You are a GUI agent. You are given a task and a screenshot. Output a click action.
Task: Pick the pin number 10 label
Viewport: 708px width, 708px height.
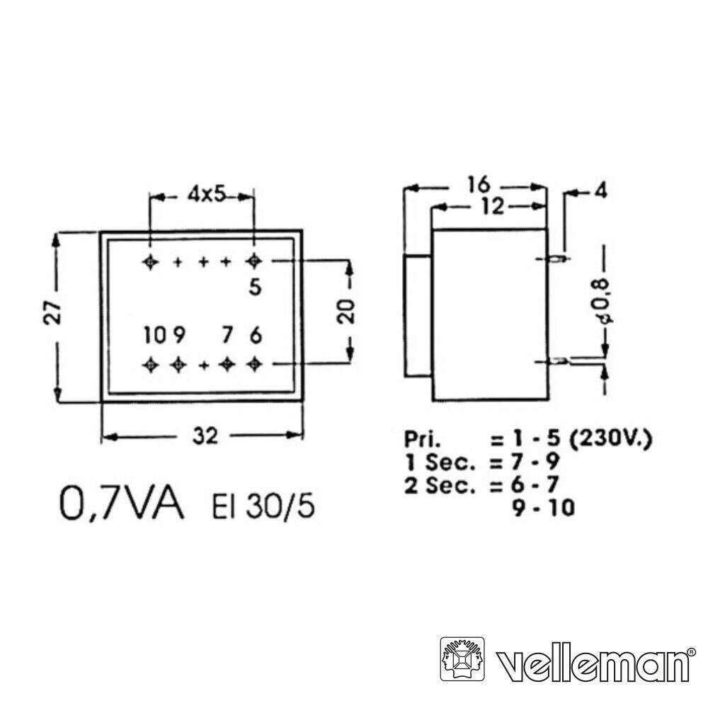[154, 334]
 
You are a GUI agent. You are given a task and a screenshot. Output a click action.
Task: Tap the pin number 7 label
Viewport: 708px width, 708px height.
[227, 334]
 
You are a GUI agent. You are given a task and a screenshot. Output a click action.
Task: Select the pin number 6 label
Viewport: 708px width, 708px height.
[255, 334]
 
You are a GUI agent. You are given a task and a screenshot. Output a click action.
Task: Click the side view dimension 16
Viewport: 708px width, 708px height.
[479, 185]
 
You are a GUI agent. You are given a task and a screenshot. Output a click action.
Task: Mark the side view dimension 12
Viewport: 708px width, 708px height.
[489, 206]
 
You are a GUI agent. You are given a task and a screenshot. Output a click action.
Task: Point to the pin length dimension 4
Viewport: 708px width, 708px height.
[601, 191]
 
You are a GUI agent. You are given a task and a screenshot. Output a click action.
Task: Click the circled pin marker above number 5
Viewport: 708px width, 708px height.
[253, 261]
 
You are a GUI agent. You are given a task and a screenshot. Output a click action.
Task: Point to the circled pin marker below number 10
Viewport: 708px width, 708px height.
[150, 364]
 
